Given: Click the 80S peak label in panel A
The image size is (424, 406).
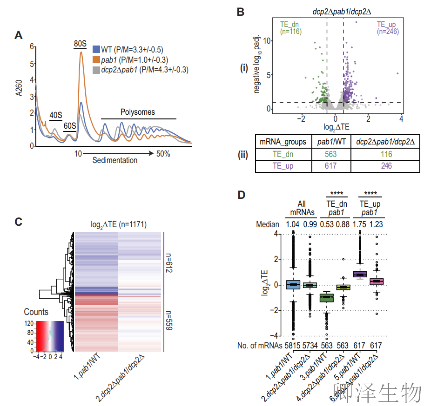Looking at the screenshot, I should point(81,44).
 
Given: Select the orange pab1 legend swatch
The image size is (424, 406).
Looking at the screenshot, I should point(96,60).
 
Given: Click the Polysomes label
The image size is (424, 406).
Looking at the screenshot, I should point(138,112).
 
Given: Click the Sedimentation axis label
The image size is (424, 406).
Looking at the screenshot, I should point(115,161).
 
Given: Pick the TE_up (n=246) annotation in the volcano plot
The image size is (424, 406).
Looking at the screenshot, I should point(387,27).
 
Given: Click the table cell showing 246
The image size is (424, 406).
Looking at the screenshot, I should point(386,165).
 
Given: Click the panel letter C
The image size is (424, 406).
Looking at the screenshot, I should point(19,222).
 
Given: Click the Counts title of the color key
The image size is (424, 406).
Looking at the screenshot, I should point(36,312).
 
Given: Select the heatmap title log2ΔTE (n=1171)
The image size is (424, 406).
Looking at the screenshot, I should point(118,225).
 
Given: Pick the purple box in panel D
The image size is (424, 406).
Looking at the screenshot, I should point(360,274).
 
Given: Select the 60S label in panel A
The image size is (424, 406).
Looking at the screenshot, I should point(70,126).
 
